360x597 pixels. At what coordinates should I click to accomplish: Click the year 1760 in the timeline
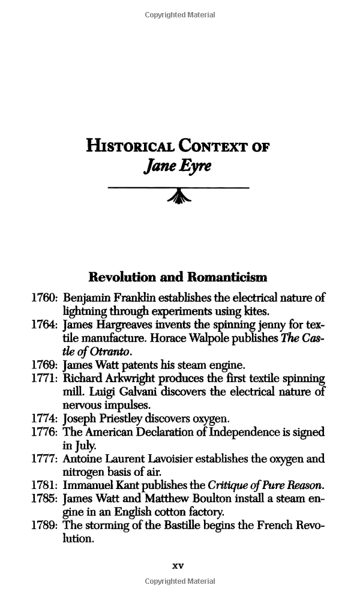point(45,298)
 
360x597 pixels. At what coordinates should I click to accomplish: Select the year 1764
point(45,325)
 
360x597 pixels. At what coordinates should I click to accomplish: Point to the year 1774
point(45,419)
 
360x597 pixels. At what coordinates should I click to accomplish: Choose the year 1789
point(45,526)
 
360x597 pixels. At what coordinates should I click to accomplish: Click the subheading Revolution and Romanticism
point(178,277)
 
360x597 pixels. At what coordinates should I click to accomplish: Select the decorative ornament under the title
point(178,196)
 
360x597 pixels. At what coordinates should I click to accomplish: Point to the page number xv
point(178,565)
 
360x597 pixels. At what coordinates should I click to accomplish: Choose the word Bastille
point(192,526)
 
